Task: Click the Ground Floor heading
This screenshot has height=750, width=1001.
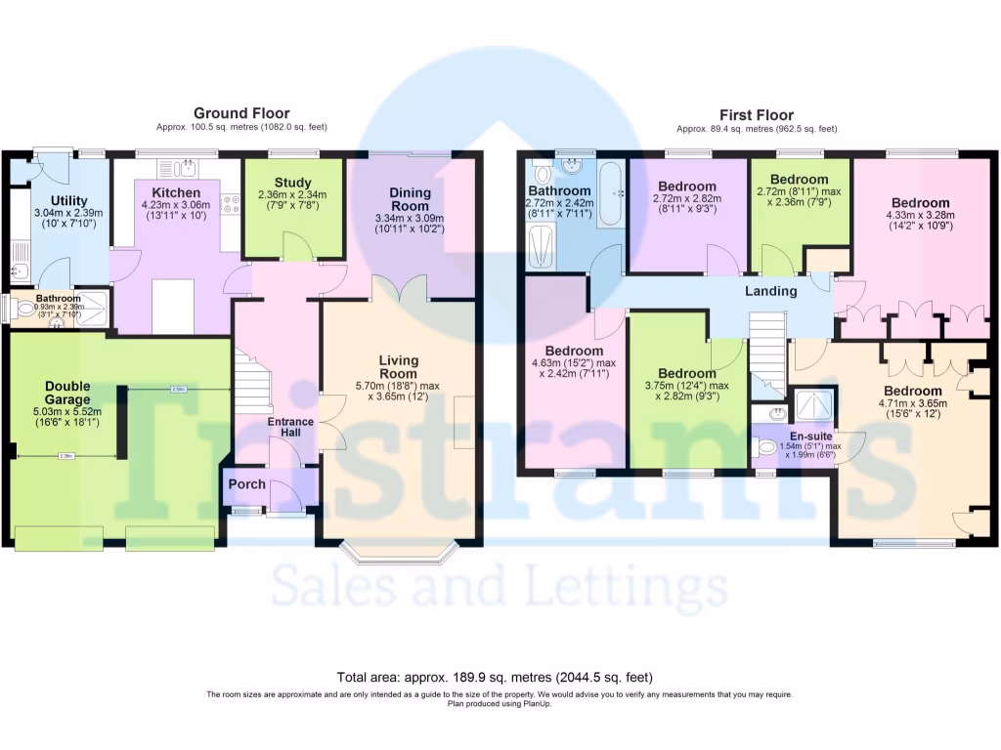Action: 241,113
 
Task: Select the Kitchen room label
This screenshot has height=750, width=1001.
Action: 176,192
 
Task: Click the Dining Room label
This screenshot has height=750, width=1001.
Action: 410,199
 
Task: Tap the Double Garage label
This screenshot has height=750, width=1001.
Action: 67,393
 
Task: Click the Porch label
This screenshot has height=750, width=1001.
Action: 247,484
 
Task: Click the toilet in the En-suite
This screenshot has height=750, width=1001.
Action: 769,448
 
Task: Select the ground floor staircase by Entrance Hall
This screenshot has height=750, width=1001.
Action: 250,383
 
